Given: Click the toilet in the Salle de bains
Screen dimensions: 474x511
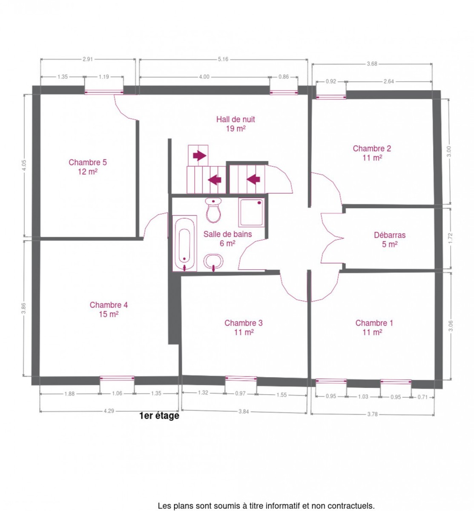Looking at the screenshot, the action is [213, 210].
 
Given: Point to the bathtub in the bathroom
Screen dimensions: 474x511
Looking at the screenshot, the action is [184, 243].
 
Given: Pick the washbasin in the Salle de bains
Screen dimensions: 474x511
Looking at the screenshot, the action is [213, 261].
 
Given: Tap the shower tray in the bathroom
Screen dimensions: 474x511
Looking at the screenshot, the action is [251, 212].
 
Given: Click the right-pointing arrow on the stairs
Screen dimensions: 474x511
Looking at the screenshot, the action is [199, 155].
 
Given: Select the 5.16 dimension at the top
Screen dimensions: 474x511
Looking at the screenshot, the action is [223, 59].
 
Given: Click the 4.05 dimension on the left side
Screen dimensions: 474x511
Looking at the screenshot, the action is [24, 165].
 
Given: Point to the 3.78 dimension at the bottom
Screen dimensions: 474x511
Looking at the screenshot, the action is [372, 414].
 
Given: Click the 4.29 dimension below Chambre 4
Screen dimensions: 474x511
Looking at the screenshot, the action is [109, 411].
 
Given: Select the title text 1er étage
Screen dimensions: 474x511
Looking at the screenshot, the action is [159, 416].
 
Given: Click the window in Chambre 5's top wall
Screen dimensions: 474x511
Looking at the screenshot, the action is [104, 92].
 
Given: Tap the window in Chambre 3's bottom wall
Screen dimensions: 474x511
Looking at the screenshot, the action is [241, 378].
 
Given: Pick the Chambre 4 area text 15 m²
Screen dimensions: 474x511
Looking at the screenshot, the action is [109, 314].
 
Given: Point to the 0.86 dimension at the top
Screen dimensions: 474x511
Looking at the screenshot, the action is [283, 77].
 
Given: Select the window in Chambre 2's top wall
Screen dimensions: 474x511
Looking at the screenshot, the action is [330, 97].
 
